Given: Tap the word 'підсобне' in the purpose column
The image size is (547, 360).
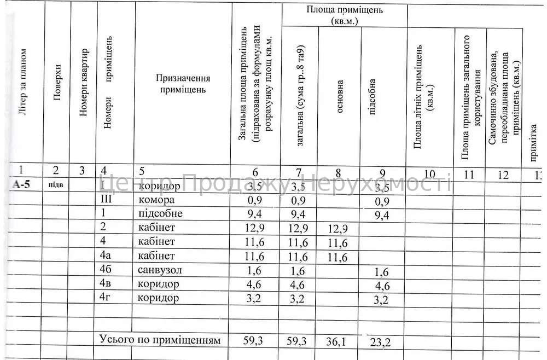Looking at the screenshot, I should pos(160,213).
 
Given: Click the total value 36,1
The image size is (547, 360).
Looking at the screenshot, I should pos(336,341).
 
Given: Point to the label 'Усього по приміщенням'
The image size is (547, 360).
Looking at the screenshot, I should pos(160,340).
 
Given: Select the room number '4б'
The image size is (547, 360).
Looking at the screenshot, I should pos(106,270).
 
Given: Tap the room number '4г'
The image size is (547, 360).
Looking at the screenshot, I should pos(106,298).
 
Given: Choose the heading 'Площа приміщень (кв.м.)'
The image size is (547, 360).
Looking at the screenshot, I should pos(345,15).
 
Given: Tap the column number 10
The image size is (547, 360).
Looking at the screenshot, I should pos(429,174).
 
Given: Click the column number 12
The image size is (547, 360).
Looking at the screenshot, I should pos(503,175).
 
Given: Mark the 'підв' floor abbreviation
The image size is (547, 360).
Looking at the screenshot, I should pos(56,184).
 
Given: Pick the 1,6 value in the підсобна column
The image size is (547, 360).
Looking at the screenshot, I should pos(382,272).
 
